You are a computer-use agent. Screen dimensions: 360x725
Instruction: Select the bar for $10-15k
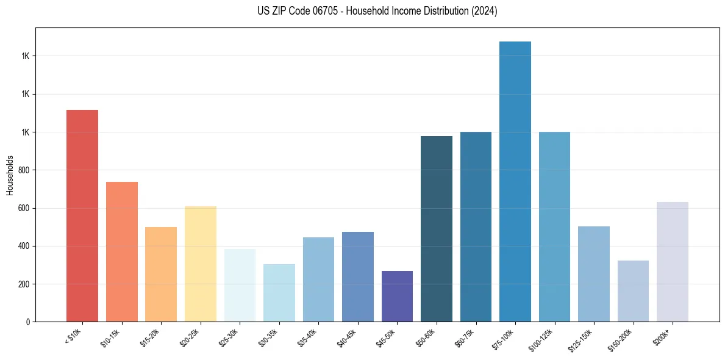tap(121, 251)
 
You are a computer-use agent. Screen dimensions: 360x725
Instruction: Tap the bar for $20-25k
tap(200, 264)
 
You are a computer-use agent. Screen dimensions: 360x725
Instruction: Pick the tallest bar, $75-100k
tap(515, 181)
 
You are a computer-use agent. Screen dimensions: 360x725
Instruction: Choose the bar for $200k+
tap(672, 262)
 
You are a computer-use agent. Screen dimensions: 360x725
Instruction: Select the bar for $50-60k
tap(437, 229)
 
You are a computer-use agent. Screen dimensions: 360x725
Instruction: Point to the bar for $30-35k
tap(279, 293)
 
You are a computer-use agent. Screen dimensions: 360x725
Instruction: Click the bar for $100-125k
tap(554, 226)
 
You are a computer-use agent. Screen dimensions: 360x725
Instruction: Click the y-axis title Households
tap(10, 175)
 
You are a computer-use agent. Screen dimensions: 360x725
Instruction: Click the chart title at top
tap(377, 11)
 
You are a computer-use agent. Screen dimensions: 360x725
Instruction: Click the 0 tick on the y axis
tap(28, 322)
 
